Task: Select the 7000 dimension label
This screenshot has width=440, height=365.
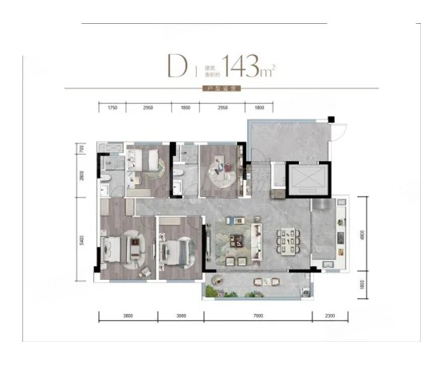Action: [x=255, y=316]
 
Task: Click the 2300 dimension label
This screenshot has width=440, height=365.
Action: [x=330, y=316]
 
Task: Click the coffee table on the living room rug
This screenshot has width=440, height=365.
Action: [x=237, y=240]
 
